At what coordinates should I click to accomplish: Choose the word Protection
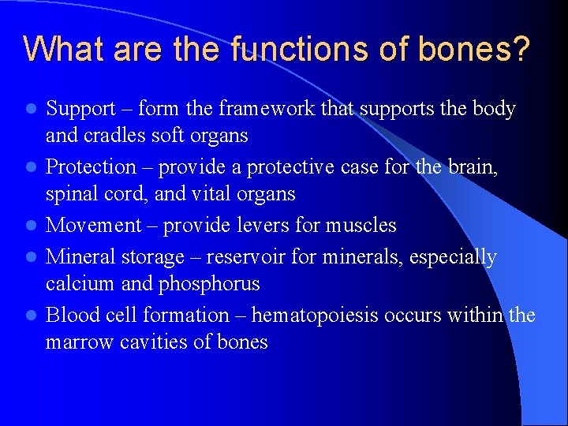91,167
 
